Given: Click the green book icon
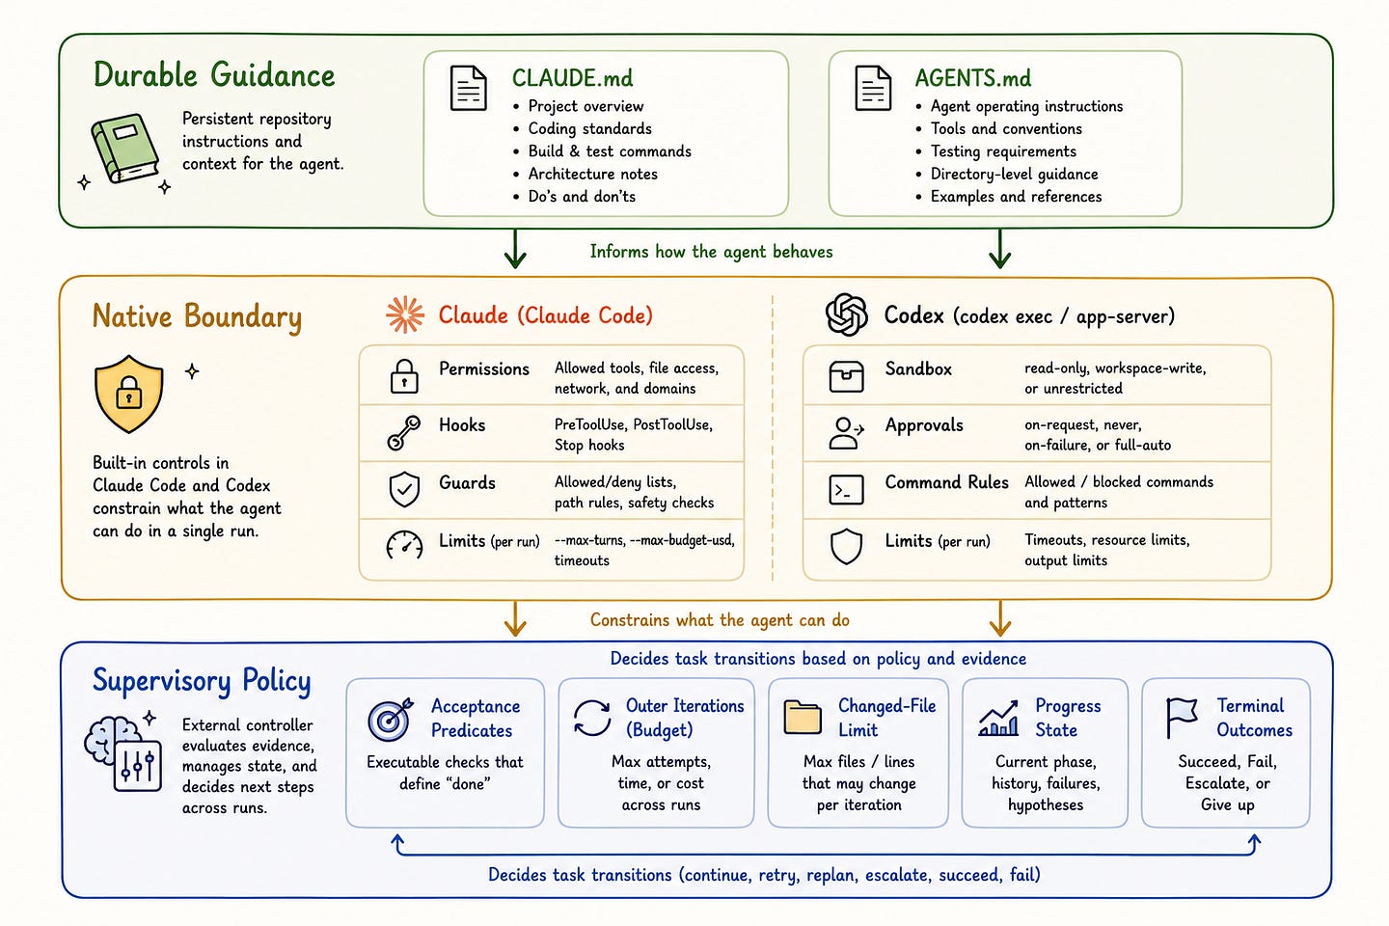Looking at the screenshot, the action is [125, 149].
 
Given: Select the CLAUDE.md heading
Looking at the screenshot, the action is [572, 78].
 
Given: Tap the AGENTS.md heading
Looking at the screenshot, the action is [973, 78].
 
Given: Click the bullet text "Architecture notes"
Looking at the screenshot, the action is [593, 174].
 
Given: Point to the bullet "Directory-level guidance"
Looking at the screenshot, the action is [1014, 174].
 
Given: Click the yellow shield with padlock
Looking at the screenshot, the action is [129, 394].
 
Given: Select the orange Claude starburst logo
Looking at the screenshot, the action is [405, 314].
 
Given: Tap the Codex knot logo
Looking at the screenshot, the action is [847, 314].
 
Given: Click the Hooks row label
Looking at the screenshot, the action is [462, 424].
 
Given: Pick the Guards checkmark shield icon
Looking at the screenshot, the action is [404, 489].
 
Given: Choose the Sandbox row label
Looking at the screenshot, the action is [918, 369].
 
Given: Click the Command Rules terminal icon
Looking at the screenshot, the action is [846, 489].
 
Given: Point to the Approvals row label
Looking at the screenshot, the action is [924, 425].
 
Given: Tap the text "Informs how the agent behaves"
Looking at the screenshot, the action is [711, 251].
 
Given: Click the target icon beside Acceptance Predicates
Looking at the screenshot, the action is [390, 720].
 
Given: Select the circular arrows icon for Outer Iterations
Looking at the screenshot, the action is [592, 718].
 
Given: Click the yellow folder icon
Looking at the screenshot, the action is [803, 718].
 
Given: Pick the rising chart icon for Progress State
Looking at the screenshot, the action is [998, 719].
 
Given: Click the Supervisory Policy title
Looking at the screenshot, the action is [202, 681].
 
